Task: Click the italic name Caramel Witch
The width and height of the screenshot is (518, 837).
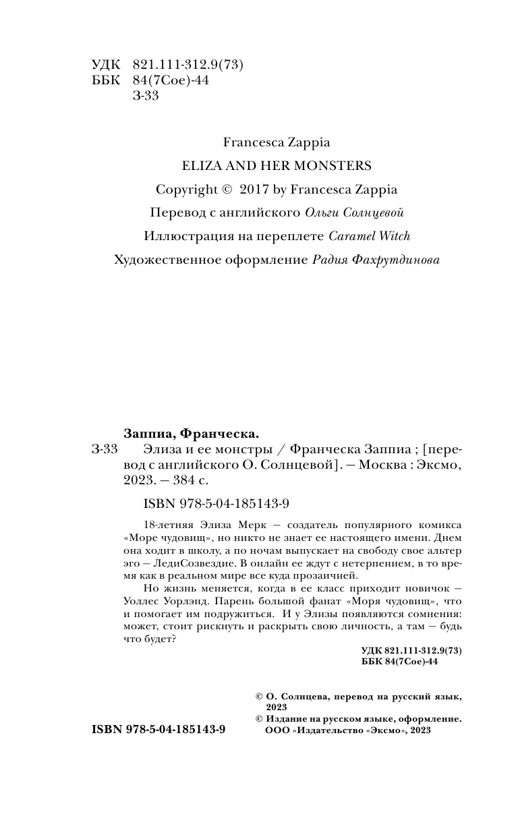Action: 369,236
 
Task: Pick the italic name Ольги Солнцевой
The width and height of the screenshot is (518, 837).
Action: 345,213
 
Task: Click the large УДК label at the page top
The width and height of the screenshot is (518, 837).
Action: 105,65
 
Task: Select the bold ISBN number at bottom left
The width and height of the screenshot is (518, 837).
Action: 159,730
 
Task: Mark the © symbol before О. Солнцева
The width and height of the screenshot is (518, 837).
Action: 256,695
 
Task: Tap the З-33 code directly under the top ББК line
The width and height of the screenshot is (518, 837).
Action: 146,96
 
